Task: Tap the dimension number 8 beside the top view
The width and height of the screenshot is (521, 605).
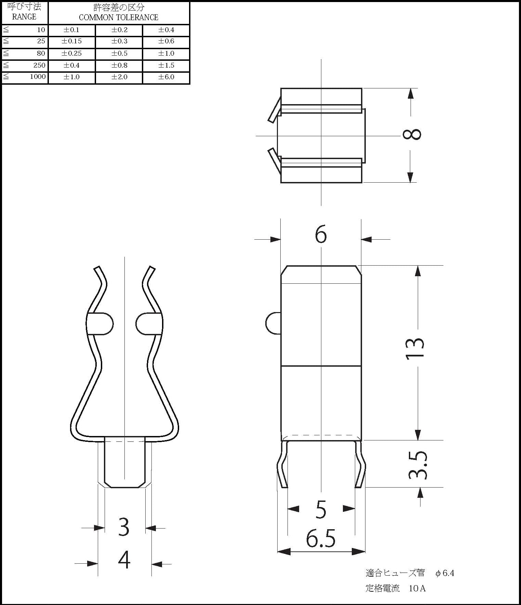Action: [x=412, y=134]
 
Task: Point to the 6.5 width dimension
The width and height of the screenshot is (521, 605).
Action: [x=321, y=538]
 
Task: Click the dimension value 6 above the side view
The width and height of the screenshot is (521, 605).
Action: [x=321, y=234]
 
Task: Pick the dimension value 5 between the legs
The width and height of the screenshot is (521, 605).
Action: [x=321, y=509]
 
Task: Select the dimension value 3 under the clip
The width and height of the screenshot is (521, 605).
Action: [x=124, y=527]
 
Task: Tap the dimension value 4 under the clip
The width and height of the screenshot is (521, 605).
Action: [x=124, y=560]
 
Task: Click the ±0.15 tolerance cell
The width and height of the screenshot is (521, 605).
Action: [x=71, y=41]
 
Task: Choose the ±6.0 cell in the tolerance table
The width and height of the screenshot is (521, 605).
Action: [x=166, y=77]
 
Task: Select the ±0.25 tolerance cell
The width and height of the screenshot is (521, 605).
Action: [x=71, y=53]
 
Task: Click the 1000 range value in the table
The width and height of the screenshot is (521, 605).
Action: [x=38, y=76]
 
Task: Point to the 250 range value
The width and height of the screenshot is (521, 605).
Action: [x=39, y=65]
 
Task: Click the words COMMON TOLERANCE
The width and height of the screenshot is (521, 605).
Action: [x=119, y=17]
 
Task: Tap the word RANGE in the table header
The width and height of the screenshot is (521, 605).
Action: [x=24, y=17]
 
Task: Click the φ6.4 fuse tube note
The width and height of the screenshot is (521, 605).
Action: [x=445, y=573]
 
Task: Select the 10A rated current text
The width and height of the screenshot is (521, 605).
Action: [x=417, y=588]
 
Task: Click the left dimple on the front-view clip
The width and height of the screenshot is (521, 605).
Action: [x=100, y=323]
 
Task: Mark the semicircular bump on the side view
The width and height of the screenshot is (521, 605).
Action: [x=273, y=323]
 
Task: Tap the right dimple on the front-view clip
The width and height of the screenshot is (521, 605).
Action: [x=149, y=323]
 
